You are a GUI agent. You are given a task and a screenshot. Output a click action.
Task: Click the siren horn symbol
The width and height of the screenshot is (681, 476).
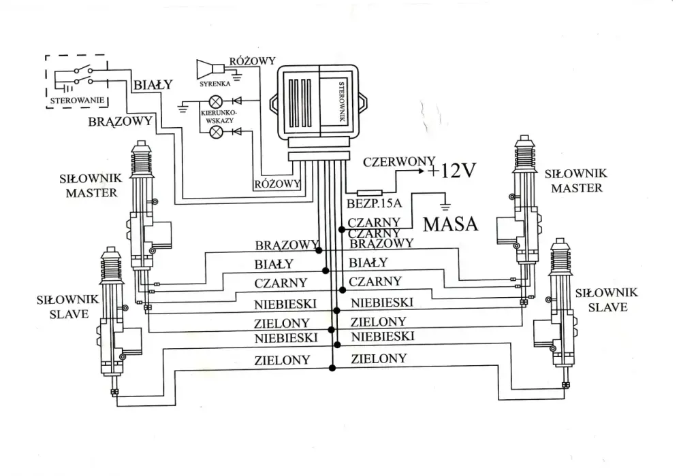pyautogui.click(x=210, y=69)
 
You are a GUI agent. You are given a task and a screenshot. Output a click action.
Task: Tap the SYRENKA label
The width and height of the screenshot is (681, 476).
pyautogui.click(x=215, y=84)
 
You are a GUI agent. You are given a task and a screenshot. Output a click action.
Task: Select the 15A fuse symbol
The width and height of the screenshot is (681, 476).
pyautogui.click(x=369, y=193)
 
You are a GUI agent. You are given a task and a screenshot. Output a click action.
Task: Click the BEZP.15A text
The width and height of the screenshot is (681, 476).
pyautogui.click(x=375, y=203)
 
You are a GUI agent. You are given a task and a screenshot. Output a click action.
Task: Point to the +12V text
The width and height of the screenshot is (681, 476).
pyautogui.click(x=452, y=171)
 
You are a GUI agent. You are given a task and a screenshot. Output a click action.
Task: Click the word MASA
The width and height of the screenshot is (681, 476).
pyautogui.click(x=450, y=224)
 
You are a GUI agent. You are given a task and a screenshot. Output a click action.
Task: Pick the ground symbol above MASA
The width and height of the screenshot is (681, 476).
pyautogui.click(x=444, y=205)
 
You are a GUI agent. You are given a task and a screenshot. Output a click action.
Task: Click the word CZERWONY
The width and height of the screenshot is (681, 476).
pyautogui.click(x=398, y=162)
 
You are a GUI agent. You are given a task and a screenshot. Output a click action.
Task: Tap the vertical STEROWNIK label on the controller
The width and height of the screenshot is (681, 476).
pyautogui.click(x=341, y=102)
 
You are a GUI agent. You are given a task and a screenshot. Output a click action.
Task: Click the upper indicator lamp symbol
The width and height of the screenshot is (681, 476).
pyautogui.click(x=216, y=101)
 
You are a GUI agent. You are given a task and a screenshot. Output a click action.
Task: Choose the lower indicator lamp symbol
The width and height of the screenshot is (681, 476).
pyautogui.click(x=216, y=131)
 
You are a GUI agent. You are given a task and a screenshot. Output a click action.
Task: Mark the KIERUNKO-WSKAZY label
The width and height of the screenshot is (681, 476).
pyautogui.click(x=219, y=116)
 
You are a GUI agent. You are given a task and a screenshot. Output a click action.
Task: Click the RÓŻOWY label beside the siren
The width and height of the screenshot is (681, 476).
pyautogui.click(x=253, y=61)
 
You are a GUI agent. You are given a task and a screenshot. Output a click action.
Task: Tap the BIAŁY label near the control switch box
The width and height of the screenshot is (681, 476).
pyautogui.click(x=153, y=84)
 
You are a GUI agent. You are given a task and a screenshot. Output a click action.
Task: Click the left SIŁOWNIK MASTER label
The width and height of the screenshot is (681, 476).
pyautogui.click(x=91, y=186)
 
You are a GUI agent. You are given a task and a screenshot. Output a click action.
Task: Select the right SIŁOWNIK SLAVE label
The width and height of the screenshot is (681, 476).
pyautogui.click(x=607, y=300)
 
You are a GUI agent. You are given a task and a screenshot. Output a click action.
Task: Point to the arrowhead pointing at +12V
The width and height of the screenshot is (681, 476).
pyautogui.click(x=420, y=171)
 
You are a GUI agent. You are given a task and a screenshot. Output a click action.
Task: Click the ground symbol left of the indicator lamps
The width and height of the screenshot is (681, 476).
pyautogui.click(x=183, y=107)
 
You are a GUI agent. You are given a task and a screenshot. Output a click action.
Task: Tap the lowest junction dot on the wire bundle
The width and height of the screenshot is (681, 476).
pyautogui.click(x=332, y=368)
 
